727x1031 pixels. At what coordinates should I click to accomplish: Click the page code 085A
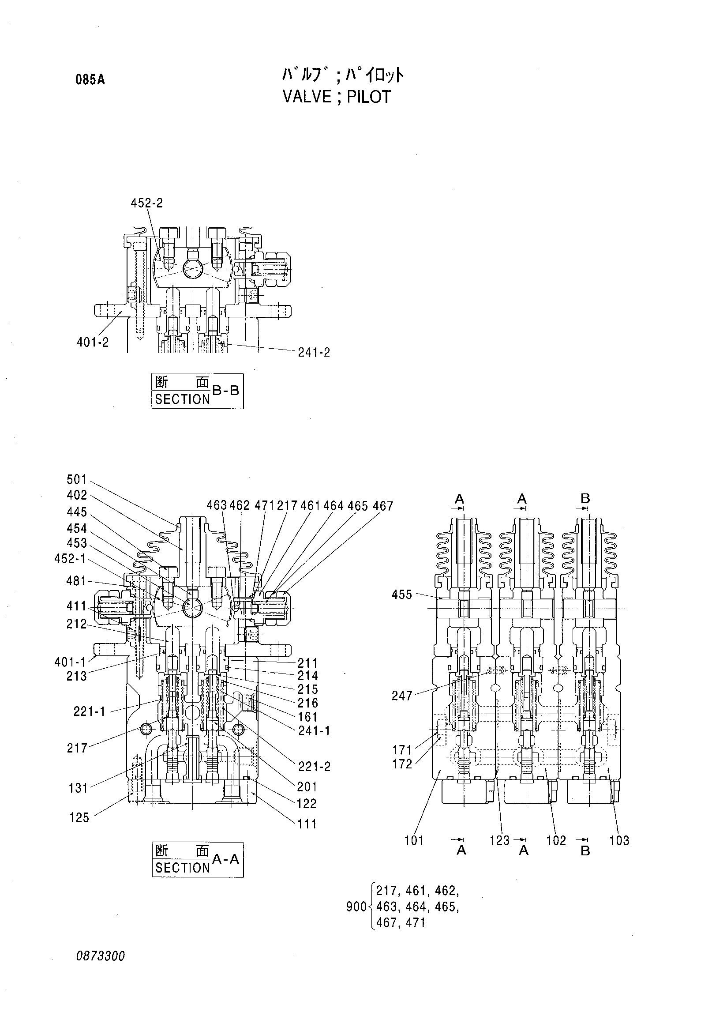(x=90, y=80)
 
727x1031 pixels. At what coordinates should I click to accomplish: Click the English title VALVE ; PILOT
(x=337, y=97)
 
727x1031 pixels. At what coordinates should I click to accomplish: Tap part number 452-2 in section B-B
(x=147, y=203)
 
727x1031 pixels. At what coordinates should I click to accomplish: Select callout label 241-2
(x=314, y=353)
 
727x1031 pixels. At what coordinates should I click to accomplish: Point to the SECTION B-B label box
(x=198, y=391)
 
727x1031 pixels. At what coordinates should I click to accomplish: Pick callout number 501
(x=77, y=480)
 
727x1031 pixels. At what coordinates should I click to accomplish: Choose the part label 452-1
(x=71, y=559)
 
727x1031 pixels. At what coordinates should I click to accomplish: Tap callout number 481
(x=76, y=581)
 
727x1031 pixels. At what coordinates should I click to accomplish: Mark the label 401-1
(x=71, y=662)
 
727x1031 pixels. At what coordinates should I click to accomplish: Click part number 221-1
(x=89, y=711)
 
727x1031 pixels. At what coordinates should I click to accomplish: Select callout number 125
(x=79, y=817)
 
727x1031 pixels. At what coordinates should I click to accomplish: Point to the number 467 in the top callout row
(x=383, y=506)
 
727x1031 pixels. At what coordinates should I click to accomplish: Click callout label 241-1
(x=314, y=731)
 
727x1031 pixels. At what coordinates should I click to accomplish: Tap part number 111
(x=307, y=824)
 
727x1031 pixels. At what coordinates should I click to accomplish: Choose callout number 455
(x=401, y=595)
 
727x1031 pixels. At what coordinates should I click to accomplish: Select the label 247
(x=401, y=696)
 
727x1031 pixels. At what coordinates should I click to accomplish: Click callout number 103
(x=619, y=841)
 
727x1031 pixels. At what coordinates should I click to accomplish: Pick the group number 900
(x=356, y=907)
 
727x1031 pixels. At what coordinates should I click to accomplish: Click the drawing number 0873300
(x=100, y=969)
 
